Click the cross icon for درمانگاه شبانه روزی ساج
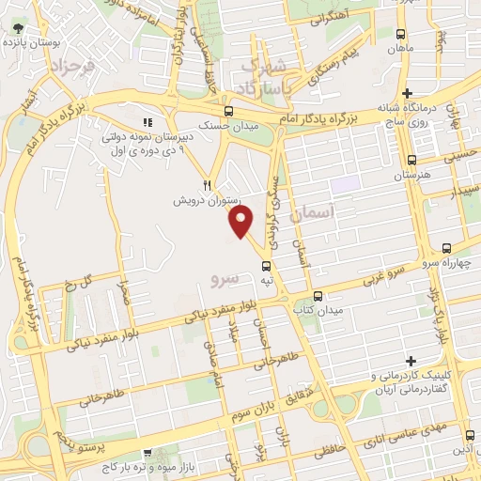tap(406, 93)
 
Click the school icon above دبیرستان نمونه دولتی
tap(146, 123)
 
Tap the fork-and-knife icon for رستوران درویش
tap(208, 185)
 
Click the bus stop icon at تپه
tap(268, 265)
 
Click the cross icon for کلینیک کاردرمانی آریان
tap(411, 361)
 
